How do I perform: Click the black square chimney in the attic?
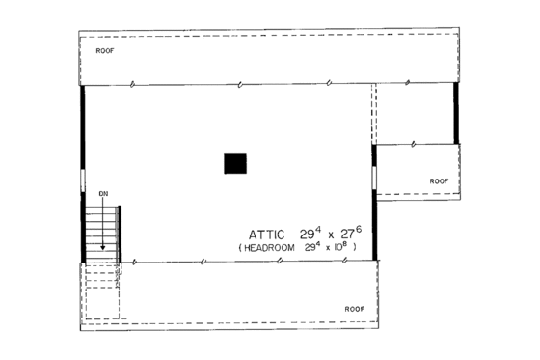pyautogui.click(x=236, y=163)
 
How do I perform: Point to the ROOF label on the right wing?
pyautogui.click(x=439, y=180)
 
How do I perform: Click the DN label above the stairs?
pyautogui.click(x=104, y=195)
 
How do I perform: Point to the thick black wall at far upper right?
pyautogui.click(x=456, y=113)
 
